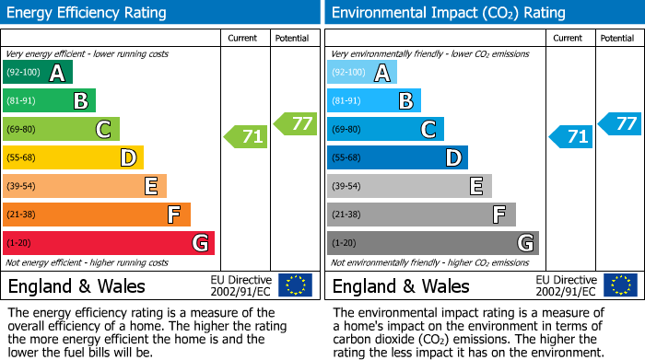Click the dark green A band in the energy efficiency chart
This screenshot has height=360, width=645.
point(38,73)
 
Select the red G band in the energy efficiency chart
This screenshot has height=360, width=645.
point(109,243)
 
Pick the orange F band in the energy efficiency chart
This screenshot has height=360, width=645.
point(97,215)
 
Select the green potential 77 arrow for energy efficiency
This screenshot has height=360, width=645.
point(296,123)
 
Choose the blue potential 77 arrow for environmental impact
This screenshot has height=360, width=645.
point(620,123)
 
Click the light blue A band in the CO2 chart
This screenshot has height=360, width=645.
point(362,73)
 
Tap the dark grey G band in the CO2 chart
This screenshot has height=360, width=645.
point(433,243)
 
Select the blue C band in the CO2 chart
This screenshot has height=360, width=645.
point(385,130)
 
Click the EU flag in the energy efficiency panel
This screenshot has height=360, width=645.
point(295,285)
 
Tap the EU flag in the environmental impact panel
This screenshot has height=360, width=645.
point(619,285)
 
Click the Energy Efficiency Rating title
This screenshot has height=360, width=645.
point(88,13)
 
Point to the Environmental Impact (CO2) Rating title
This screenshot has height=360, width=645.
point(447,13)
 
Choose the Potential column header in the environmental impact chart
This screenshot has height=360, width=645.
point(617,38)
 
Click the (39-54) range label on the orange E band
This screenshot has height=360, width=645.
point(22,187)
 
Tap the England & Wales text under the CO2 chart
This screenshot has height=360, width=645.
point(401,285)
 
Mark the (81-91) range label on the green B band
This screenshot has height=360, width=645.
point(22,101)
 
